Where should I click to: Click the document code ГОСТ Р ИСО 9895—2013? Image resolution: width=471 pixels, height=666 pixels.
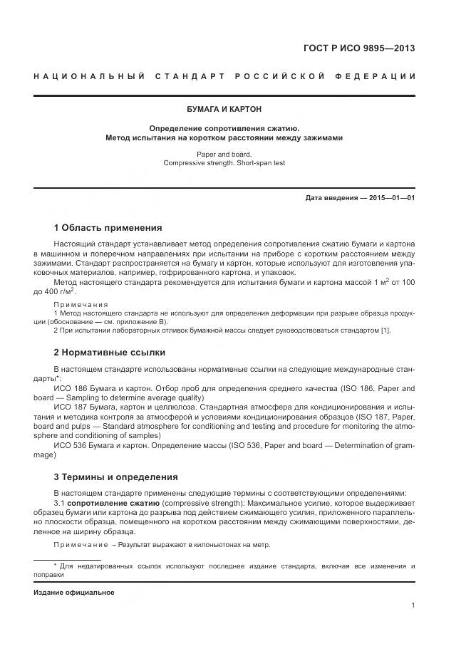click(359, 49)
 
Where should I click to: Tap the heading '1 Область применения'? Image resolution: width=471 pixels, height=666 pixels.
click(108, 228)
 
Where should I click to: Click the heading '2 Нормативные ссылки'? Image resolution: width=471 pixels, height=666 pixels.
click(110, 352)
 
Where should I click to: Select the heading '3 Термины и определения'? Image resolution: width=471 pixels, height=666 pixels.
click(116, 477)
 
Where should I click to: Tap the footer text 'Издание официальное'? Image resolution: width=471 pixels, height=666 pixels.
click(74, 592)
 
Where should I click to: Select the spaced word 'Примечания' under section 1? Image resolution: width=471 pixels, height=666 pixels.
click(81, 304)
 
